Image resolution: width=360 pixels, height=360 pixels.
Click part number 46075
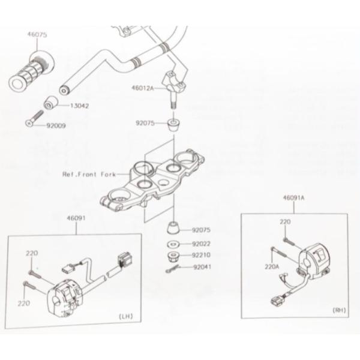click(37, 35)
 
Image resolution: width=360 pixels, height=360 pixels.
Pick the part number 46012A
click(143, 87)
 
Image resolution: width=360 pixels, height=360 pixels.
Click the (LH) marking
click(126, 316)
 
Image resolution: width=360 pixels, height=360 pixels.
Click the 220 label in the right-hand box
click(285, 222)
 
